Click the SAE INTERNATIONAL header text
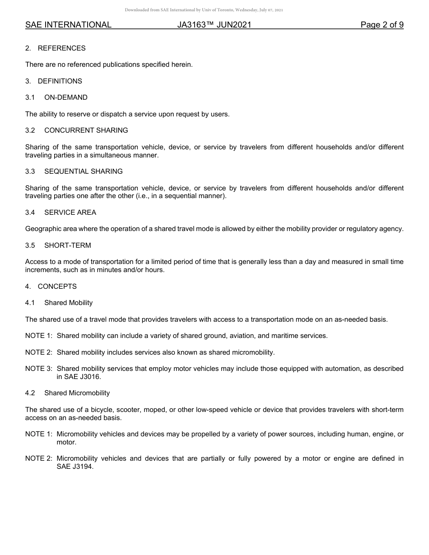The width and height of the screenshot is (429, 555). pyautogui.click(x=68, y=25)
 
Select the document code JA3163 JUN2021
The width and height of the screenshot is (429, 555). pyautogui.click(x=214, y=25)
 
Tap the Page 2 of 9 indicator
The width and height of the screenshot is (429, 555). pyautogui.click(x=382, y=25)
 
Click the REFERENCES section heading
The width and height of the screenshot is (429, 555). pyautogui.click(x=61, y=48)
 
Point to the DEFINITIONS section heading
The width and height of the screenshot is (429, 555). pyautogui.click(x=60, y=81)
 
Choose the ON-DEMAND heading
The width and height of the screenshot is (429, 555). pyautogui.click(x=66, y=97)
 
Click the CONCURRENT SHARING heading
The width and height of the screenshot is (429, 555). pyautogui.click(x=86, y=130)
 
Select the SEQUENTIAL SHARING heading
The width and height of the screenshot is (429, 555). pyautogui.click(x=83, y=171)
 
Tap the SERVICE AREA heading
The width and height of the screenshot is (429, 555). pyautogui.click(x=70, y=213)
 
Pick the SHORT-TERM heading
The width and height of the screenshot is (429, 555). pyautogui.click(x=67, y=245)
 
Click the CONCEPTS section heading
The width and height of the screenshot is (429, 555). pyautogui.click(x=57, y=287)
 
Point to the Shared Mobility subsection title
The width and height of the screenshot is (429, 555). pyautogui.click(x=68, y=303)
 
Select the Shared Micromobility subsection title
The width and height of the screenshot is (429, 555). pyautogui.click(x=77, y=393)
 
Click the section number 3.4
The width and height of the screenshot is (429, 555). pyautogui.click(x=30, y=213)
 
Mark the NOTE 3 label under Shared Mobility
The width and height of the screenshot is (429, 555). pyautogui.click(x=38, y=369)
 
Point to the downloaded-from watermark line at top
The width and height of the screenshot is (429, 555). pyautogui.click(x=204, y=10)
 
